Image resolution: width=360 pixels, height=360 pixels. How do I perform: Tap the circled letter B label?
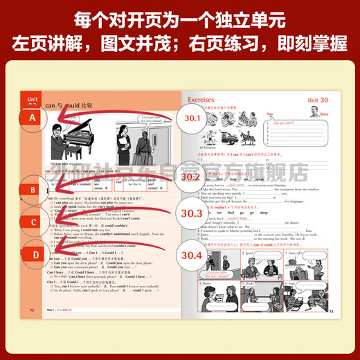(32, 189)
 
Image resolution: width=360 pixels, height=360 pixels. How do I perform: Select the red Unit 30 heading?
(320, 101)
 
